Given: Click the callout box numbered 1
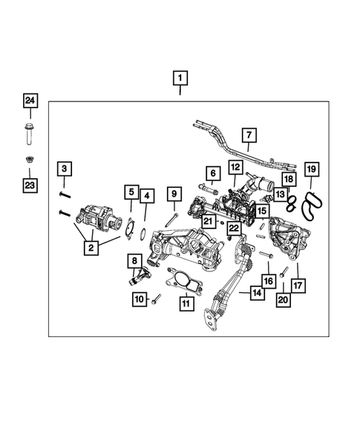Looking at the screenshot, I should coord(180,77).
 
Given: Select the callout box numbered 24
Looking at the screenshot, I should coord(30,100).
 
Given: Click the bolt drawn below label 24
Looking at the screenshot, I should coord(30,136).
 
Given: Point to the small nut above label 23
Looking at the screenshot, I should coord(30,160).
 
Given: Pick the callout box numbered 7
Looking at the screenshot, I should coord(249,136).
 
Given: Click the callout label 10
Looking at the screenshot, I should coord(139,299).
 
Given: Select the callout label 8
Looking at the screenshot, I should coord(134,260).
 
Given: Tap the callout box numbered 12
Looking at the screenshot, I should coord(235,168).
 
